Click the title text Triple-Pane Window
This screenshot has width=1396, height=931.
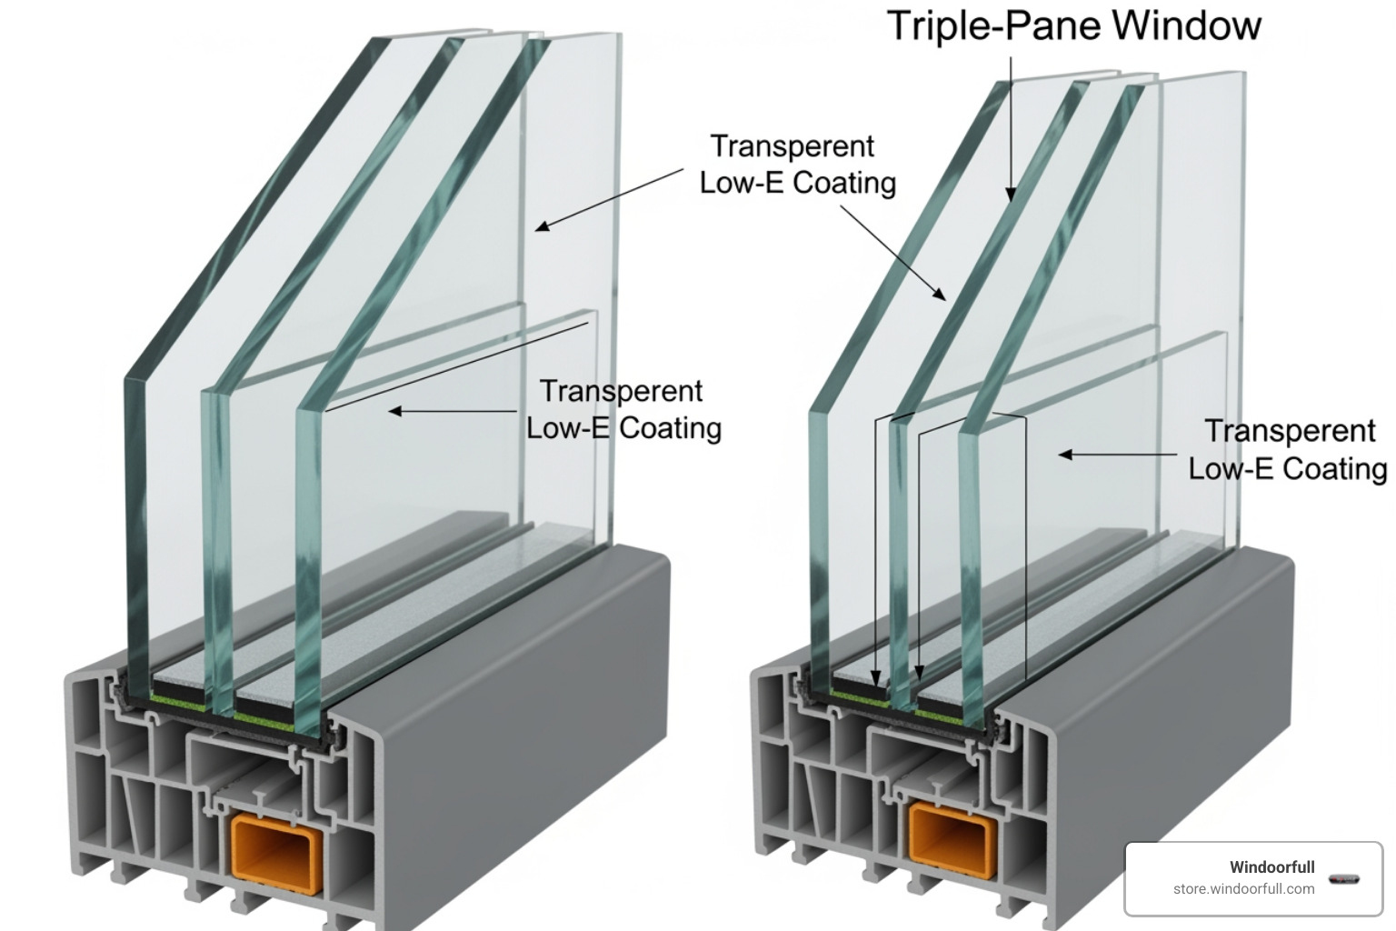point(1073,25)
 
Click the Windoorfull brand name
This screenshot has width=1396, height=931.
point(1271,867)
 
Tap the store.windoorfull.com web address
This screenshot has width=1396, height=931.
point(1243,889)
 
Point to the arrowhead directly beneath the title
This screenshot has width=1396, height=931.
point(1011,193)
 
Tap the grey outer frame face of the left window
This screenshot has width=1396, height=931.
point(509,727)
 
